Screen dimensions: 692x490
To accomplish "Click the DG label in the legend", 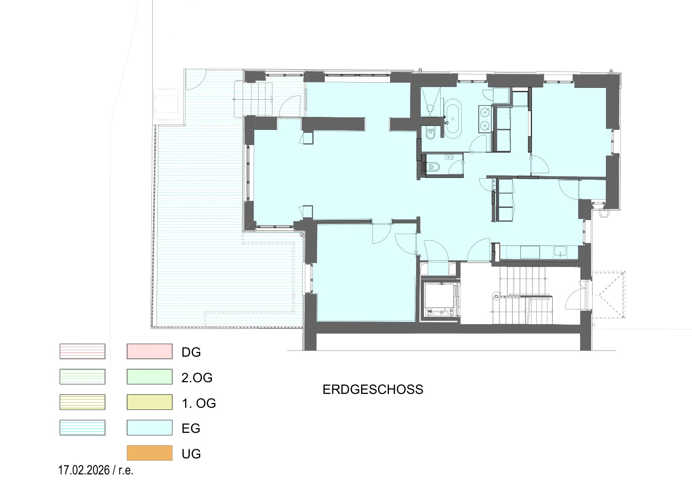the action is [191, 352].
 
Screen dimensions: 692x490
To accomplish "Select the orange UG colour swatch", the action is [150, 453].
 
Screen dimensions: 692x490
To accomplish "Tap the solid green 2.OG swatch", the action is [150, 377].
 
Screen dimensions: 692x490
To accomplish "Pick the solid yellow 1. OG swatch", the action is [150, 402].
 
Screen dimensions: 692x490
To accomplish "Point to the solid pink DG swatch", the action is [150, 351].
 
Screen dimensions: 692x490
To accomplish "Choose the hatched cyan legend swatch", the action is [83, 428].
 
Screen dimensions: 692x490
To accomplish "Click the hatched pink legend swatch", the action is [83, 351].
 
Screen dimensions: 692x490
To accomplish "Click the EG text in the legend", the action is [191, 429].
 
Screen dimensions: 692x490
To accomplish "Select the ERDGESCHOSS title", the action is [373, 390].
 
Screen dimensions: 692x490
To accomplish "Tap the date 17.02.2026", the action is [84, 470].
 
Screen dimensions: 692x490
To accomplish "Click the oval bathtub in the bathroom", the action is [453, 119].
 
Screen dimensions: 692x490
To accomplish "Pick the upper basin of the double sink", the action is [485, 112].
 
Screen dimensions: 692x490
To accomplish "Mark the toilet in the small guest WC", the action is [435, 167].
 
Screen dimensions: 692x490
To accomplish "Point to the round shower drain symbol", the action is [430, 108].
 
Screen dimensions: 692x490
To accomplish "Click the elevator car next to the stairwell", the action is [439, 300].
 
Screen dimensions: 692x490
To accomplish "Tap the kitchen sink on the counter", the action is [560, 251].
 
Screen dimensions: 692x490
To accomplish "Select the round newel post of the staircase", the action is [496, 297].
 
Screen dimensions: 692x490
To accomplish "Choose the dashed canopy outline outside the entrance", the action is [609, 295].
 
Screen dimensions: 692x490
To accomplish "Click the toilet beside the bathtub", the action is [430, 134].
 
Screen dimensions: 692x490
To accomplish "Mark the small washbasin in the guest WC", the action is [449, 158].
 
